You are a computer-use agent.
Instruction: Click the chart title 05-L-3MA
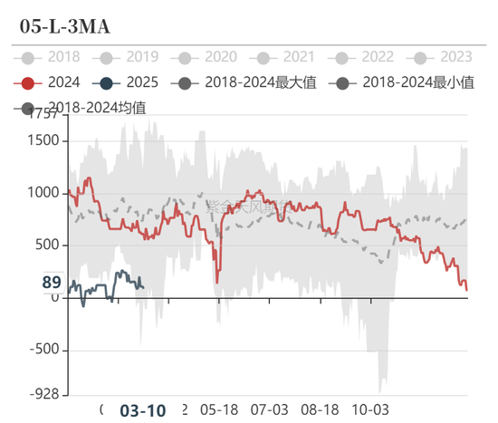click(x=65, y=26)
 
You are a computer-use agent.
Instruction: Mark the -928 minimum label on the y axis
click(x=43, y=395)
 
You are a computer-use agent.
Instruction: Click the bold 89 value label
click(x=52, y=284)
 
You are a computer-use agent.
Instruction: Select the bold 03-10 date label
click(x=142, y=410)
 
